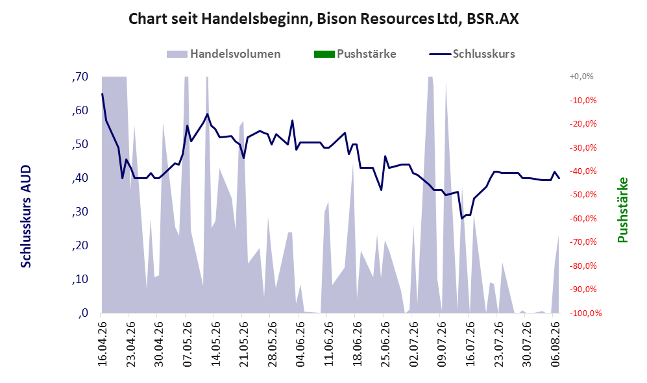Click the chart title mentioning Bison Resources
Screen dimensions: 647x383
[x=323, y=19]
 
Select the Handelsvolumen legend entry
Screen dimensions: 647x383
[x=224, y=54]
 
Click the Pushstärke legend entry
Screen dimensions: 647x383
[x=355, y=54]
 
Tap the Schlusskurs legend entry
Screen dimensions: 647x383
[x=472, y=54]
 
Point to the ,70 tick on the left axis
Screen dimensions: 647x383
[x=80, y=77]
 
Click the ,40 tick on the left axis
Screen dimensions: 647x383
[x=80, y=178]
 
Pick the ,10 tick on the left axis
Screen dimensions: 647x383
[x=80, y=279]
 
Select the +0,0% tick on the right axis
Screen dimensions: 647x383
[x=581, y=77]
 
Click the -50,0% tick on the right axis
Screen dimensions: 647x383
[x=583, y=194]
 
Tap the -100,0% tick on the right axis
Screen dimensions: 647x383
[x=585, y=314]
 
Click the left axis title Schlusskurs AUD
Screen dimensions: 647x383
[x=25, y=216]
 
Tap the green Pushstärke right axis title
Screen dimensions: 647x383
[x=622, y=210]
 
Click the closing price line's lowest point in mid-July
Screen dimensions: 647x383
[x=462, y=219]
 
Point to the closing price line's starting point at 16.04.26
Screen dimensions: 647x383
[x=103, y=93]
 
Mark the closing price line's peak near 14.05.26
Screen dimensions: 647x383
[x=207, y=114]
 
